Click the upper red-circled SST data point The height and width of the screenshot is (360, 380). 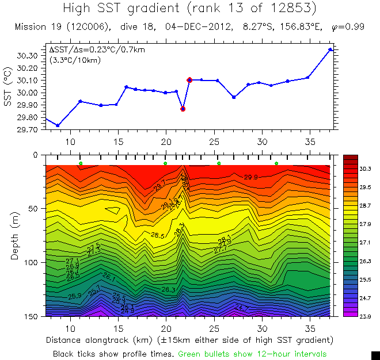[189, 80]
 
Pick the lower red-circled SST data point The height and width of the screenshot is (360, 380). [183, 109]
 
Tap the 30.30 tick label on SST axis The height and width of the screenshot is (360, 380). [28, 56]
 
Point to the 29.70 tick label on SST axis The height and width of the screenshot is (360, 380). [28, 129]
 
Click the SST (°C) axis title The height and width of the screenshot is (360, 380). [7, 87]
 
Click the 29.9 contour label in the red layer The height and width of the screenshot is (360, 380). [252, 177]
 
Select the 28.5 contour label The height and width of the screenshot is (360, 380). [158, 236]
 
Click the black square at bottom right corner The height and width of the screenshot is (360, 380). [375, 355]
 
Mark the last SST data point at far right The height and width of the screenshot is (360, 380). [330, 49]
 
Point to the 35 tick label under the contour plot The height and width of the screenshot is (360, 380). [310, 328]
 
